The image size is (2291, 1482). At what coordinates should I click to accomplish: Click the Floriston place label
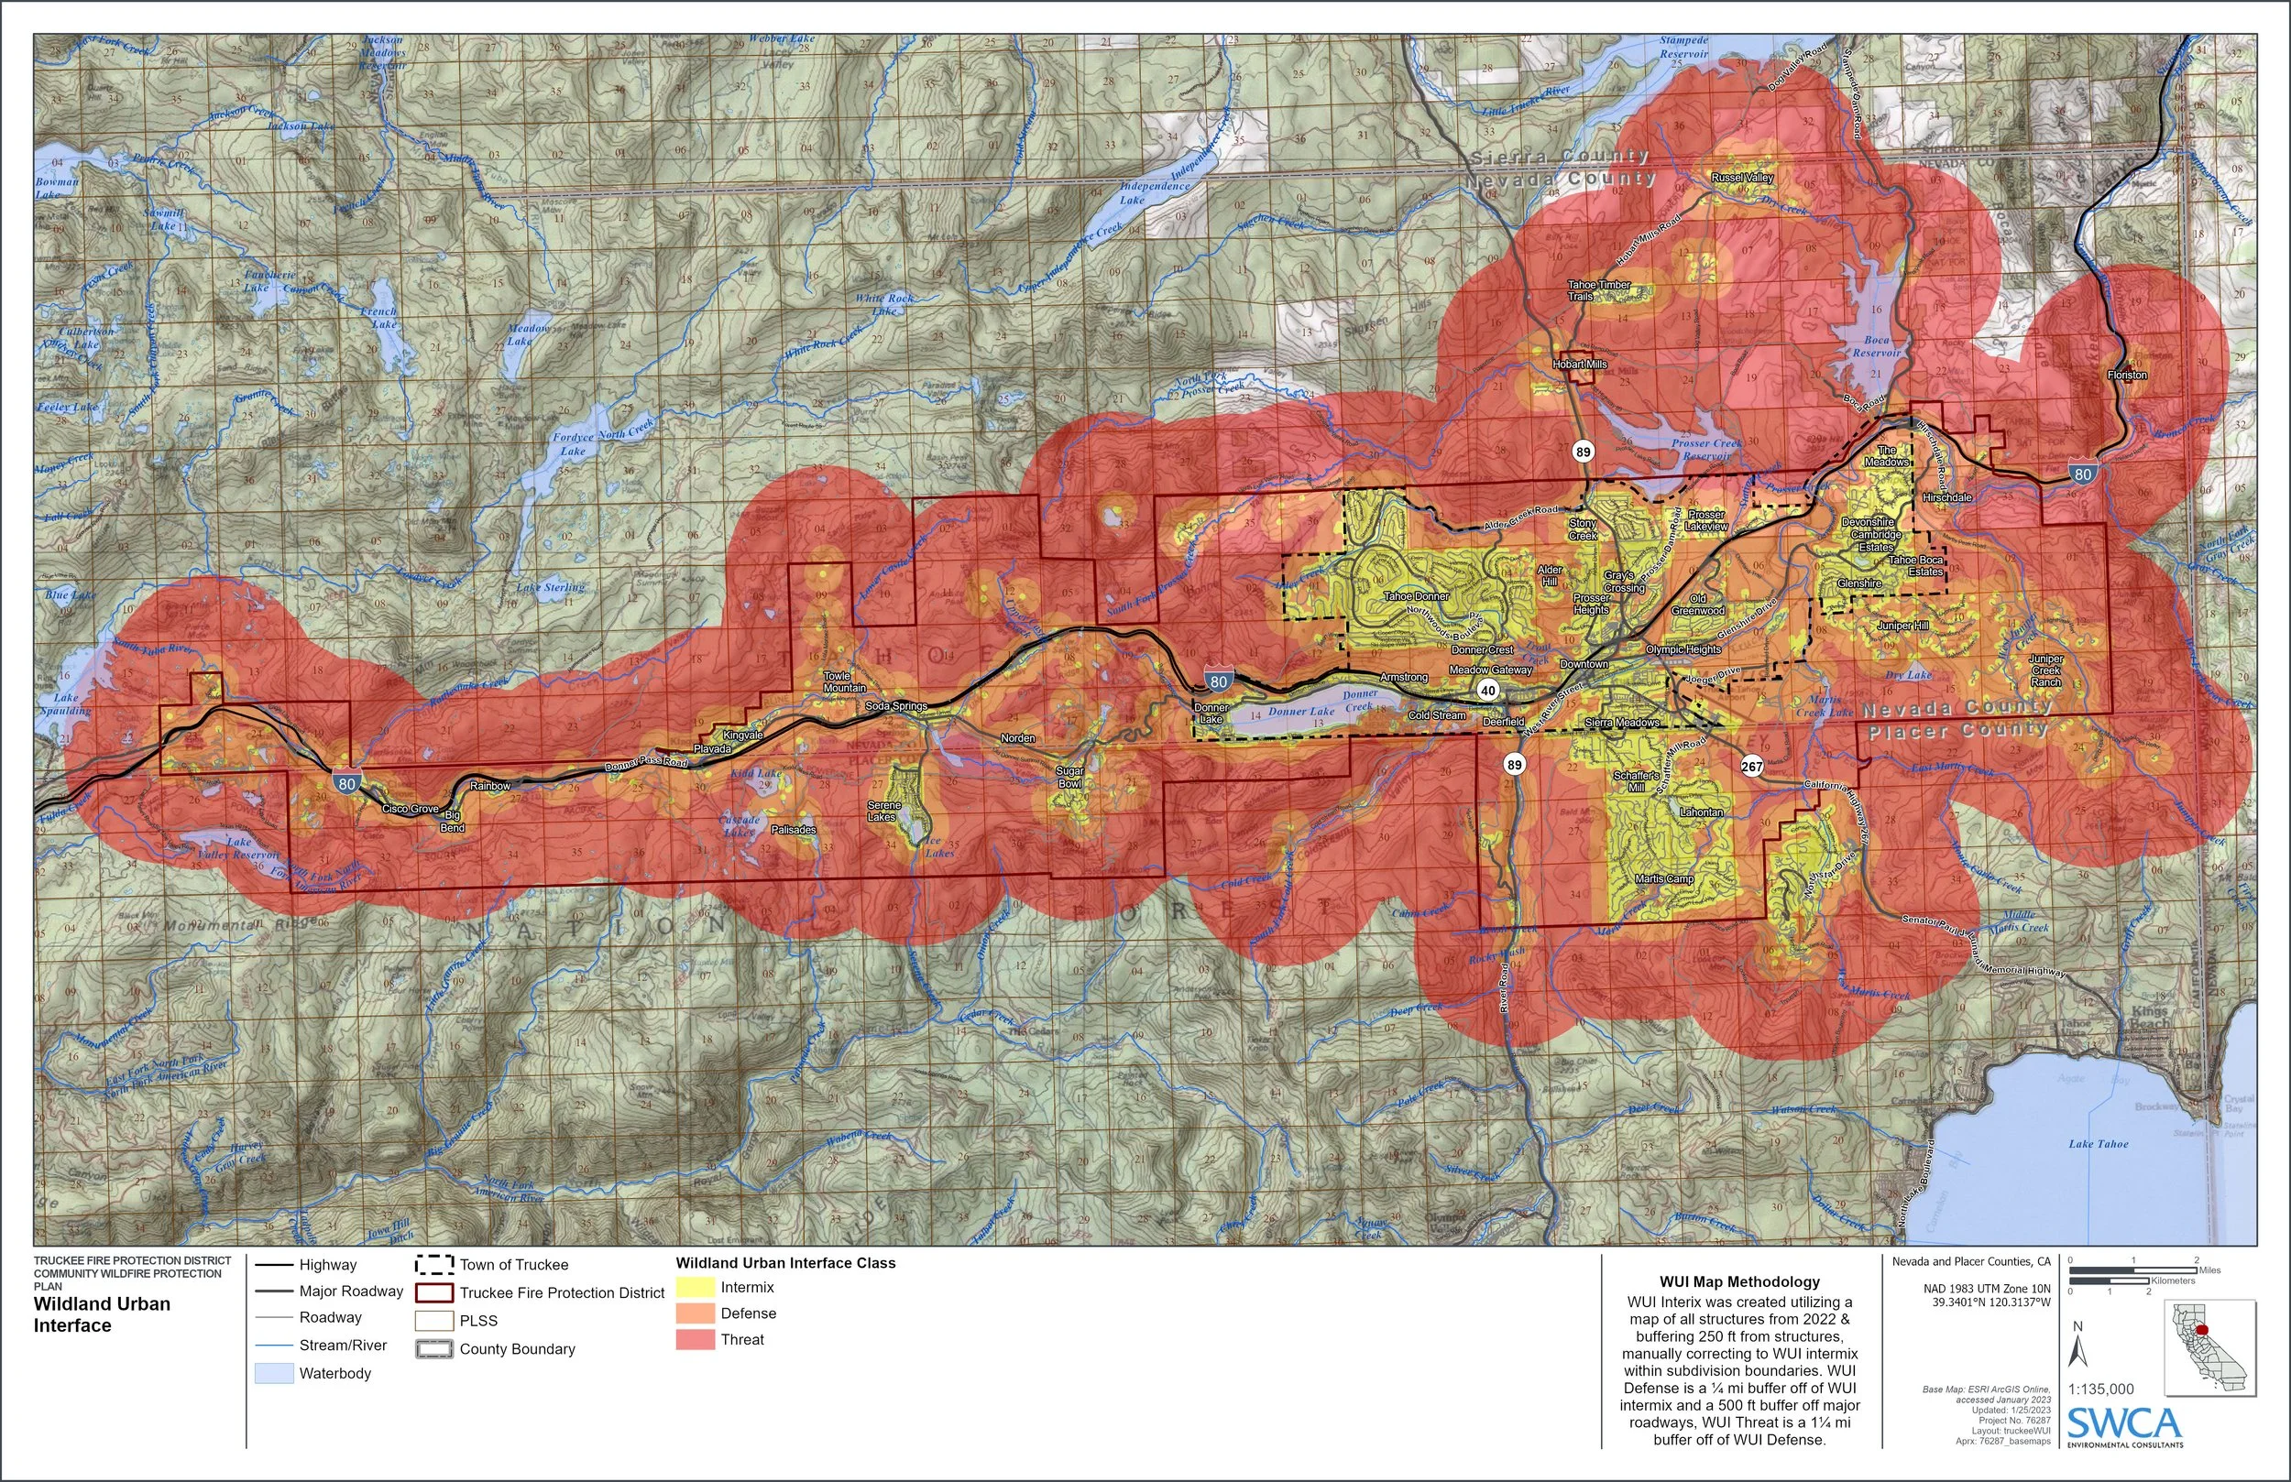(x=2126, y=375)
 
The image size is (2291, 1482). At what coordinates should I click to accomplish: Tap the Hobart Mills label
(x=1580, y=365)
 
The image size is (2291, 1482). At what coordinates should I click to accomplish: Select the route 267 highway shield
(x=1751, y=766)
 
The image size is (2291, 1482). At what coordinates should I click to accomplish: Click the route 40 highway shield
(x=1488, y=690)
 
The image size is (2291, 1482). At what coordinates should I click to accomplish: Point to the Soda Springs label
(x=895, y=705)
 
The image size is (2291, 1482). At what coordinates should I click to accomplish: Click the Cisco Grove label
(x=410, y=809)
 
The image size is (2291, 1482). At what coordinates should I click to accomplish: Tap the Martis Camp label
(x=1664, y=878)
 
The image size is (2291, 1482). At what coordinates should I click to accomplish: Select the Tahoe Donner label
(x=1416, y=595)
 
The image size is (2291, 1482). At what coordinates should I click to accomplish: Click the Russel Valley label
(x=1742, y=177)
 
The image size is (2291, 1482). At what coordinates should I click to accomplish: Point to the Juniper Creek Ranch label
(x=2045, y=670)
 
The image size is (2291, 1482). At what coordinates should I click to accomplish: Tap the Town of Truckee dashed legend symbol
(x=434, y=1265)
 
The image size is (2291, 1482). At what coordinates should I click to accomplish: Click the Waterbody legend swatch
(x=273, y=1373)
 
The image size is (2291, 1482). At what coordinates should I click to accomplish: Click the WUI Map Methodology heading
(x=1739, y=1280)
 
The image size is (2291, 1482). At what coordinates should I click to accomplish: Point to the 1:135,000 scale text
(x=2100, y=1389)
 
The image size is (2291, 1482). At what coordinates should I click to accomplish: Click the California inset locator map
(x=2210, y=1347)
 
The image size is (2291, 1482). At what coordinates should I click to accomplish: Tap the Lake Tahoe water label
(x=2099, y=1143)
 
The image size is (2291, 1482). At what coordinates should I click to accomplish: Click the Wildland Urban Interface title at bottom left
(x=102, y=1313)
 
